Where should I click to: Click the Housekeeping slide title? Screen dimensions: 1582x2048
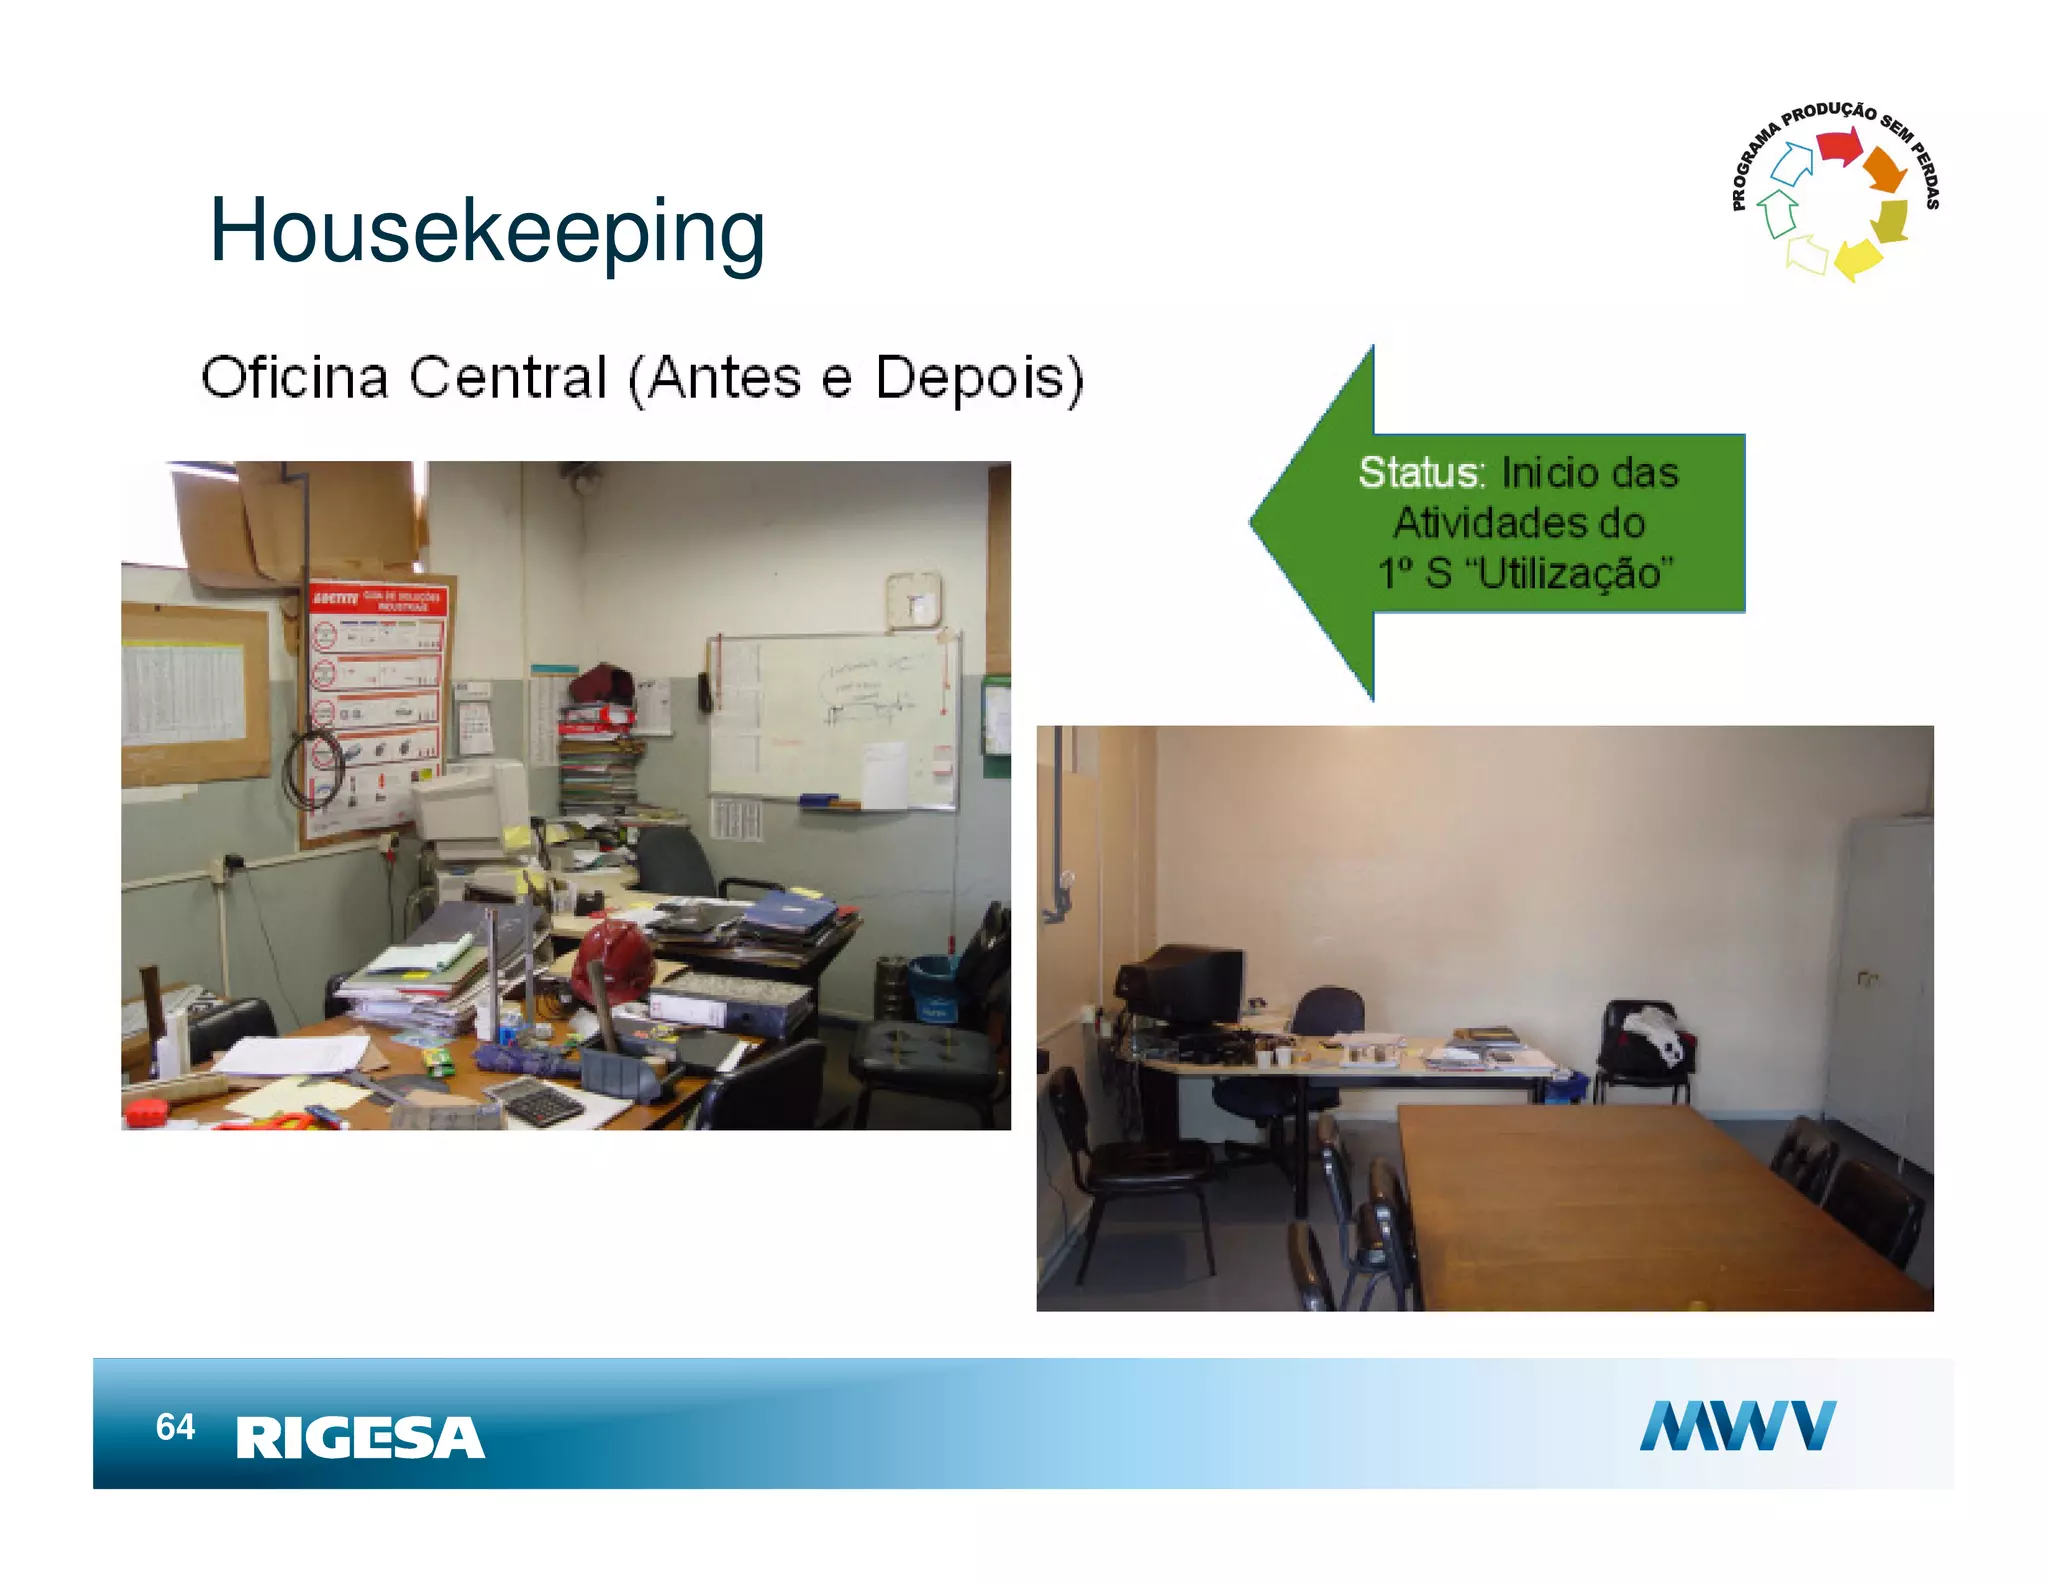coord(487,232)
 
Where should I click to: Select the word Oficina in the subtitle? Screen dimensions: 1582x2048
coord(295,378)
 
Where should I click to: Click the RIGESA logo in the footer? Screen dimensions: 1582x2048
coord(360,1438)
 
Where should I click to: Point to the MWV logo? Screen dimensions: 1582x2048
coord(1737,1425)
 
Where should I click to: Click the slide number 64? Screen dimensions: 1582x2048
coord(175,1427)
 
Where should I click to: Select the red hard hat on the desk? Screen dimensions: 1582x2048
coord(612,958)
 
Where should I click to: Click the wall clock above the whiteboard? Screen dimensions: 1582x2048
coord(913,600)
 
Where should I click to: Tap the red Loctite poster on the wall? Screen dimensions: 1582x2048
coord(376,700)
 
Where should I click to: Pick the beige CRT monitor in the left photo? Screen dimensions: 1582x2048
coord(470,805)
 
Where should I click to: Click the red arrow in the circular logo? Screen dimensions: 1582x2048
coord(1838,146)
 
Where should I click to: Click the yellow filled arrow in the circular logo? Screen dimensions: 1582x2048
coord(1858,258)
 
